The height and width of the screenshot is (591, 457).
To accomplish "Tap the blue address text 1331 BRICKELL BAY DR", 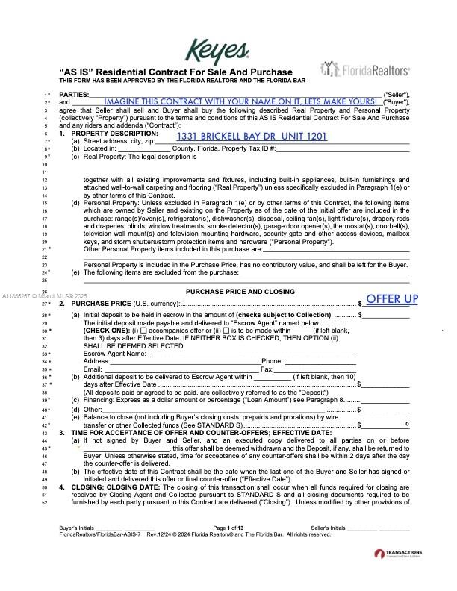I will [x=252, y=137].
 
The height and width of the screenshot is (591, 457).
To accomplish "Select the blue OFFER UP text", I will [x=392, y=299].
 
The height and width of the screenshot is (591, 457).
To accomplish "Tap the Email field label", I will [x=93, y=369].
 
